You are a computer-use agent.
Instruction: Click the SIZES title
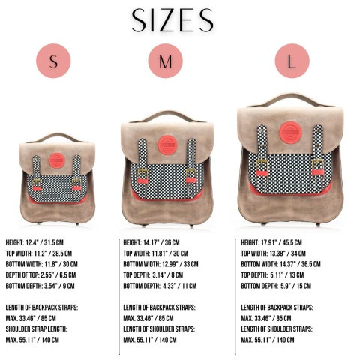click(x=172, y=20)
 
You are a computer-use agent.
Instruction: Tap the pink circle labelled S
click(x=53, y=61)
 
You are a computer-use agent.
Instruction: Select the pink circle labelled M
click(x=166, y=61)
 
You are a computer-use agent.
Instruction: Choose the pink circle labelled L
click(x=292, y=61)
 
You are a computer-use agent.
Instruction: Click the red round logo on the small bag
click(x=57, y=160)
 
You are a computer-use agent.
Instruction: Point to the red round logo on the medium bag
click(x=168, y=145)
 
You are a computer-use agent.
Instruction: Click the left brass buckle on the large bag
click(x=262, y=164)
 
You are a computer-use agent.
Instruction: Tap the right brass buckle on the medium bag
click(x=191, y=173)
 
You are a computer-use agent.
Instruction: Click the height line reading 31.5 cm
click(x=34, y=242)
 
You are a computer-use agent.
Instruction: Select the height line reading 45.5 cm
click(x=271, y=242)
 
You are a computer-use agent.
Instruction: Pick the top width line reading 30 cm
click(x=155, y=253)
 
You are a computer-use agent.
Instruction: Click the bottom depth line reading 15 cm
click(x=276, y=286)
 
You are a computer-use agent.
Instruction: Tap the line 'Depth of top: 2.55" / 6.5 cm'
click(x=40, y=275)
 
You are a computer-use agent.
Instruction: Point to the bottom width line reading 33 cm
click(x=160, y=264)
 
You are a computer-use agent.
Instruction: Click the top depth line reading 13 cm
click(x=272, y=275)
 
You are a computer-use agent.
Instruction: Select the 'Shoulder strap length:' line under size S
click(x=37, y=329)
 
